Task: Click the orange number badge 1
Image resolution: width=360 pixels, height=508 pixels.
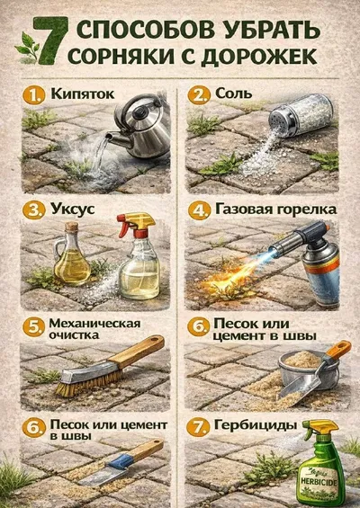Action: click(33, 95)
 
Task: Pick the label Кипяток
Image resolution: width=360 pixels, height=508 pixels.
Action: click(83, 94)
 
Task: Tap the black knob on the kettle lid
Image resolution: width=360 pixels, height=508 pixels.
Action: click(141, 111)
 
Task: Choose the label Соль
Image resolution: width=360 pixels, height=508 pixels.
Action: click(233, 94)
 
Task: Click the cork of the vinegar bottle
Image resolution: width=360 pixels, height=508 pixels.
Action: click(71, 226)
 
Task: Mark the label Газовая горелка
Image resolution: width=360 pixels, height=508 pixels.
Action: click(275, 209)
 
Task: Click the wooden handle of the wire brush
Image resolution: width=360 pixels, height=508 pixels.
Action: click(137, 351)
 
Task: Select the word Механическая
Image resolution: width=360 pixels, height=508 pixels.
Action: click(95, 324)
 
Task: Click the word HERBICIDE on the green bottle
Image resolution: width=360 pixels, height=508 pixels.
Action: click(319, 483)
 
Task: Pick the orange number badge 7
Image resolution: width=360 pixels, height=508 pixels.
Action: click(197, 427)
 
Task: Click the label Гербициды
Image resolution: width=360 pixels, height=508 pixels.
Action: click(256, 425)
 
